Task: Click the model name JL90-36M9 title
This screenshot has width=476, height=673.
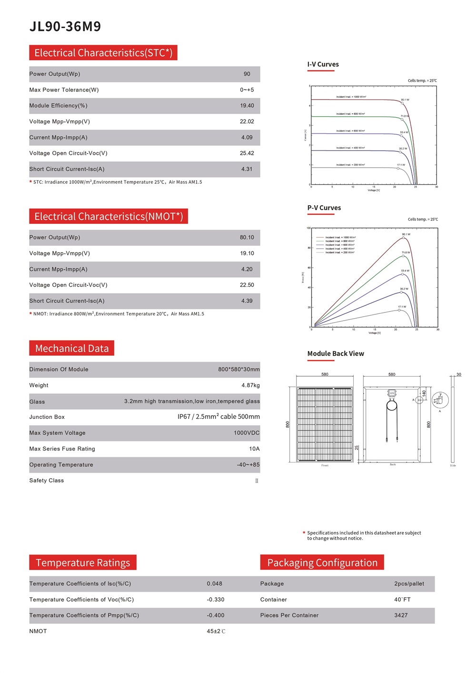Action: (x=65, y=27)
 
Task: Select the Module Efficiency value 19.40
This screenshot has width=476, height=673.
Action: (x=247, y=106)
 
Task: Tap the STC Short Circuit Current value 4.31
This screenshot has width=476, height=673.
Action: (x=247, y=169)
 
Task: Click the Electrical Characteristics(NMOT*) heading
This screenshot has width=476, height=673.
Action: (x=109, y=217)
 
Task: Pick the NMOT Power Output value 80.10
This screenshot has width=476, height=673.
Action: (x=247, y=238)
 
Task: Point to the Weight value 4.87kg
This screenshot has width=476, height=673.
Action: (x=250, y=385)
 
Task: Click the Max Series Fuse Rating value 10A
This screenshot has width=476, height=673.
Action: (x=254, y=449)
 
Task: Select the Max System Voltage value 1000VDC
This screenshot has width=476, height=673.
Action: (x=247, y=433)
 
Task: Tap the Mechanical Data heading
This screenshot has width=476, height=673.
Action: (x=72, y=349)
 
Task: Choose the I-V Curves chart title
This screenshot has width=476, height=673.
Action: (x=323, y=64)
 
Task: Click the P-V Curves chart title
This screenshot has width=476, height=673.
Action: (x=324, y=208)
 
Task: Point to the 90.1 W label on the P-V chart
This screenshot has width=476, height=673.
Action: (x=406, y=234)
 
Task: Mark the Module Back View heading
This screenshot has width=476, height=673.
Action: (x=336, y=353)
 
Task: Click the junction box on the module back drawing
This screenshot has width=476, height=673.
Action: (x=391, y=393)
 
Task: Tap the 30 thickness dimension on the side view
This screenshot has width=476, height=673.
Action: (x=459, y=374)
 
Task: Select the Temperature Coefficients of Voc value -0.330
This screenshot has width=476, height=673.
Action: (x=215, y=600)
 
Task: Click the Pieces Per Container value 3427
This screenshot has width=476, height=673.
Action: (x=401, y=615)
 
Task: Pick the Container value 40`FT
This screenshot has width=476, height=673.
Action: (x=402, y=600)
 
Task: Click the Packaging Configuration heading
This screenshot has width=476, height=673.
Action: (x=322, y=563)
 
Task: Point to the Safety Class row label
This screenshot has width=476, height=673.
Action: (x=47, y=481)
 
